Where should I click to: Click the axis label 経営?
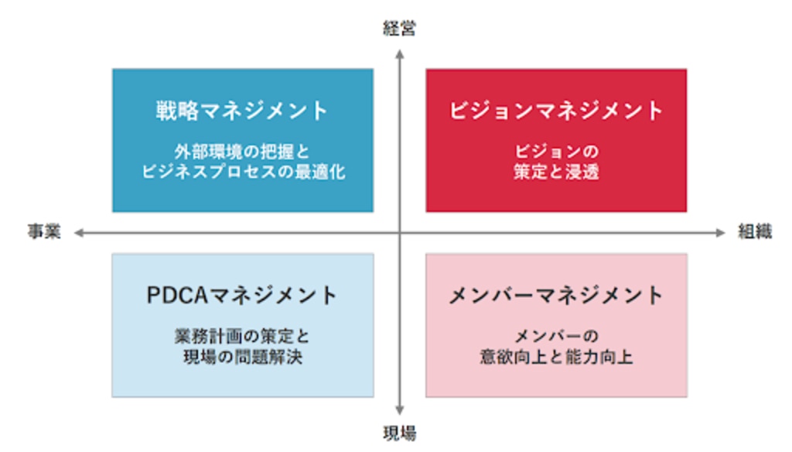pos(400,29)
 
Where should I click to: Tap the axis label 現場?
pos(400,433)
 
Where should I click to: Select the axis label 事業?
pos(44,231)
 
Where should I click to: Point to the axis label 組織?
pos(755,231)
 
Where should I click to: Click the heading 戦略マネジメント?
pos(242,111)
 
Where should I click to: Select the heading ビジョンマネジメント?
pos(556,111)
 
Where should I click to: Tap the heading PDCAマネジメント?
pos(242,295)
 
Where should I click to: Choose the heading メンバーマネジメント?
pos(556,295)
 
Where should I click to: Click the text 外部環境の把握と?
pos(242,151)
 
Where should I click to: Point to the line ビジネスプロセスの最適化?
pos(243,172)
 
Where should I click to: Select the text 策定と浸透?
pos(556,172)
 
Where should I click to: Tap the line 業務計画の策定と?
pos(242,336)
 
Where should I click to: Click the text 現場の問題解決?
pos(242,357)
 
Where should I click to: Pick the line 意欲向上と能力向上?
pos(556,357)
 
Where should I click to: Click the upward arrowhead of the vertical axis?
pos(400,53)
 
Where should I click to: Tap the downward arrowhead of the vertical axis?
pos(400,410)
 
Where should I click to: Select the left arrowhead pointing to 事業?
pos(79,232)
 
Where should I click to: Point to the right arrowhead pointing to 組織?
pos(721,232)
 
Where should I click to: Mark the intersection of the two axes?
pos(400,232)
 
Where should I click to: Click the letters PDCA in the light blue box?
pos(177,295)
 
